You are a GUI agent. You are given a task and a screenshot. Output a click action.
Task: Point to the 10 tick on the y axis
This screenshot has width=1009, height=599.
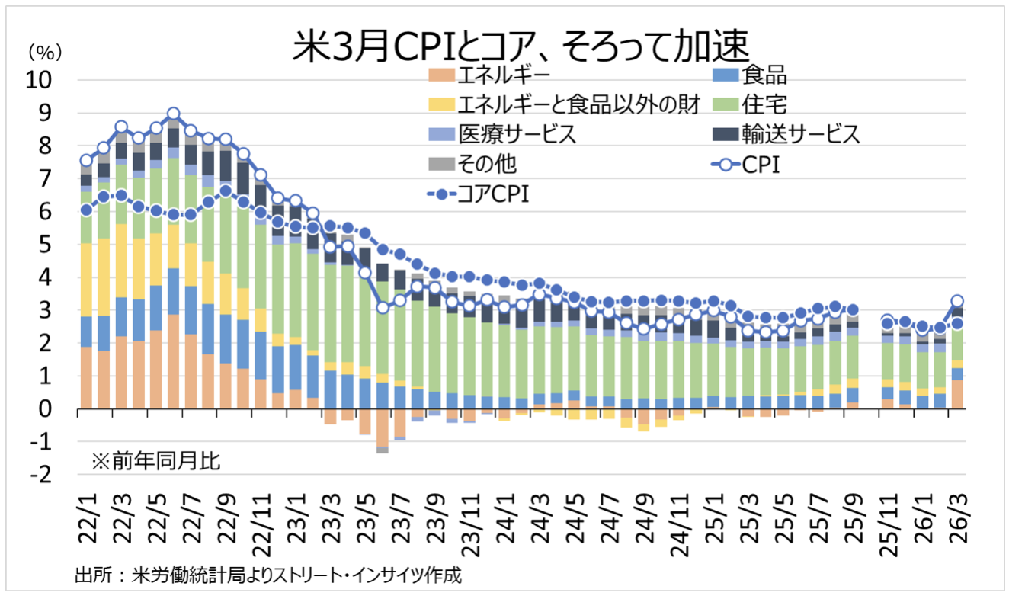43,80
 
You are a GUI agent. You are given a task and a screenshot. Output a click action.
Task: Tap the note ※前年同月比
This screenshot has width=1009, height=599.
155,460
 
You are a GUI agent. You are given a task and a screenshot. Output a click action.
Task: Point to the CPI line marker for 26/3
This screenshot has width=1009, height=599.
958,301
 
